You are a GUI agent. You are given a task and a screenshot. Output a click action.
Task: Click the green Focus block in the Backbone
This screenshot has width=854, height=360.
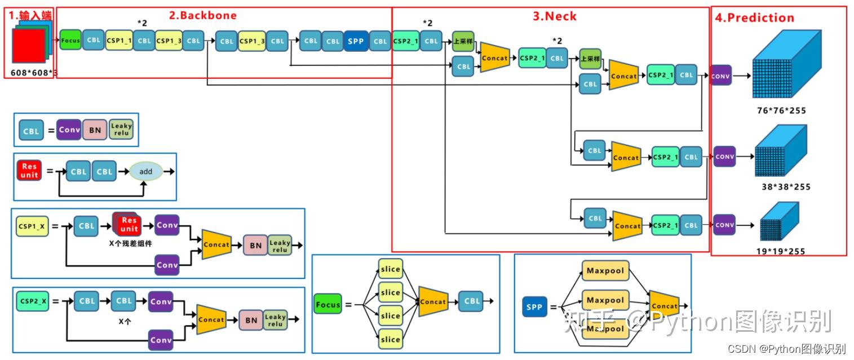tap(70, 41)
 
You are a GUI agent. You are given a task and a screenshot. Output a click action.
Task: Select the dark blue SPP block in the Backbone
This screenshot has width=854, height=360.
tap(355, 41)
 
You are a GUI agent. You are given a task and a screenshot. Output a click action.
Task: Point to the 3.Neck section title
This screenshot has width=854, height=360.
tap(555, 16)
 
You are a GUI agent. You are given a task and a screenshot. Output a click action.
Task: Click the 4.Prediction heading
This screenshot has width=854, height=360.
tap(754, 17)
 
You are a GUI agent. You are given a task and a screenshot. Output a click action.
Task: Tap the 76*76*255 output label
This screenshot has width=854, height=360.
tap(781, 110)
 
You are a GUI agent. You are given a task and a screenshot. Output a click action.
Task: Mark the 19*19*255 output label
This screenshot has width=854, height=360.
tap(781, 251)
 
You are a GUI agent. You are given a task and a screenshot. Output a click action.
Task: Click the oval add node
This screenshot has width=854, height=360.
tap(146, 171)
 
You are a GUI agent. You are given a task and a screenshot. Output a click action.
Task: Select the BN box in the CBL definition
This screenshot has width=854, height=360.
tap(95, 130)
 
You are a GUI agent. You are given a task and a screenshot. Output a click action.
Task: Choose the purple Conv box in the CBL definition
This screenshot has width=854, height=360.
tap(69, 130)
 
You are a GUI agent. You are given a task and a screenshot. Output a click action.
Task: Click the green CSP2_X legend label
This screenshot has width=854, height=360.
tap(32, 301)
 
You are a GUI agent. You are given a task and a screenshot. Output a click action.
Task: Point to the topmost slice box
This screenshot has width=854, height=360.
tap(390, 269)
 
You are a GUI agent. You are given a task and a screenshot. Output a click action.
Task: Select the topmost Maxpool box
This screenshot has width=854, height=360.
tap(605, 271)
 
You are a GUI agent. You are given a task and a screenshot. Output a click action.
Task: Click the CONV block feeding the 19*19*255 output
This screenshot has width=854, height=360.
tap(724, 225)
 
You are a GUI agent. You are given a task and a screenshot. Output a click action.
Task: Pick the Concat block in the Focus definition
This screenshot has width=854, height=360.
tap(433, 302)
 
